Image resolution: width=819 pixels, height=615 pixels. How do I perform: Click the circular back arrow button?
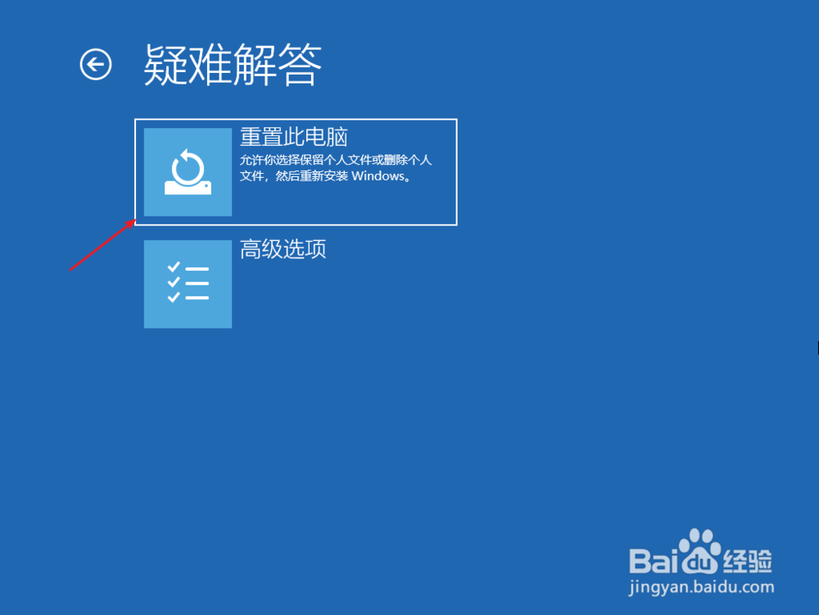(96, 65)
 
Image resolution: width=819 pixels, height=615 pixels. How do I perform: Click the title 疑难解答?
(233, 65)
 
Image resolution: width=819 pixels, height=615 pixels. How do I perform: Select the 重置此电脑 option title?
(293, 137)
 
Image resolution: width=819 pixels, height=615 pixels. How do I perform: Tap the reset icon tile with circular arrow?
(188, 172)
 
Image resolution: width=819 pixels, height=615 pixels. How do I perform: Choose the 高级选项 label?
(283, 249)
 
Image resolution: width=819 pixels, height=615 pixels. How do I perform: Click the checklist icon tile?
(188, 284)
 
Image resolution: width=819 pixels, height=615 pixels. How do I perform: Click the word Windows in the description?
(378, 175)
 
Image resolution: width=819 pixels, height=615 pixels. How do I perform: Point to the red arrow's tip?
(136, 220)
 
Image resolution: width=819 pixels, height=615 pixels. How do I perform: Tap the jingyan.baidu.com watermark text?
(701, 587)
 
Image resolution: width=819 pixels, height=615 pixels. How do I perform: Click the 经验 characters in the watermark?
(748, 562)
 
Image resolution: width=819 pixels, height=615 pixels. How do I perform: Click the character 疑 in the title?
(165, 65)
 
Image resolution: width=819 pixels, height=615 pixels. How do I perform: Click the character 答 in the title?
(300, 65)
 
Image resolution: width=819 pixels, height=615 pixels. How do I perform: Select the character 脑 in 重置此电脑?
(337, 137)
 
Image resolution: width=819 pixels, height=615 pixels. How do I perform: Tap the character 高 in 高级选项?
(251, 249)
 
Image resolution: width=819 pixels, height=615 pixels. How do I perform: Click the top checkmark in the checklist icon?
(174, 267)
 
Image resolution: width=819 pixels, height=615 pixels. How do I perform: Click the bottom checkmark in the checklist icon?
(174, 297)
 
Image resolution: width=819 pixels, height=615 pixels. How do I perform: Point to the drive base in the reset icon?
(188, 188)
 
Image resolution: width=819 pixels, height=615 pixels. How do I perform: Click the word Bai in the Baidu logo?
(653, 561)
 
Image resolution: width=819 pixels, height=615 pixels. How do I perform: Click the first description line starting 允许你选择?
(336, 160)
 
